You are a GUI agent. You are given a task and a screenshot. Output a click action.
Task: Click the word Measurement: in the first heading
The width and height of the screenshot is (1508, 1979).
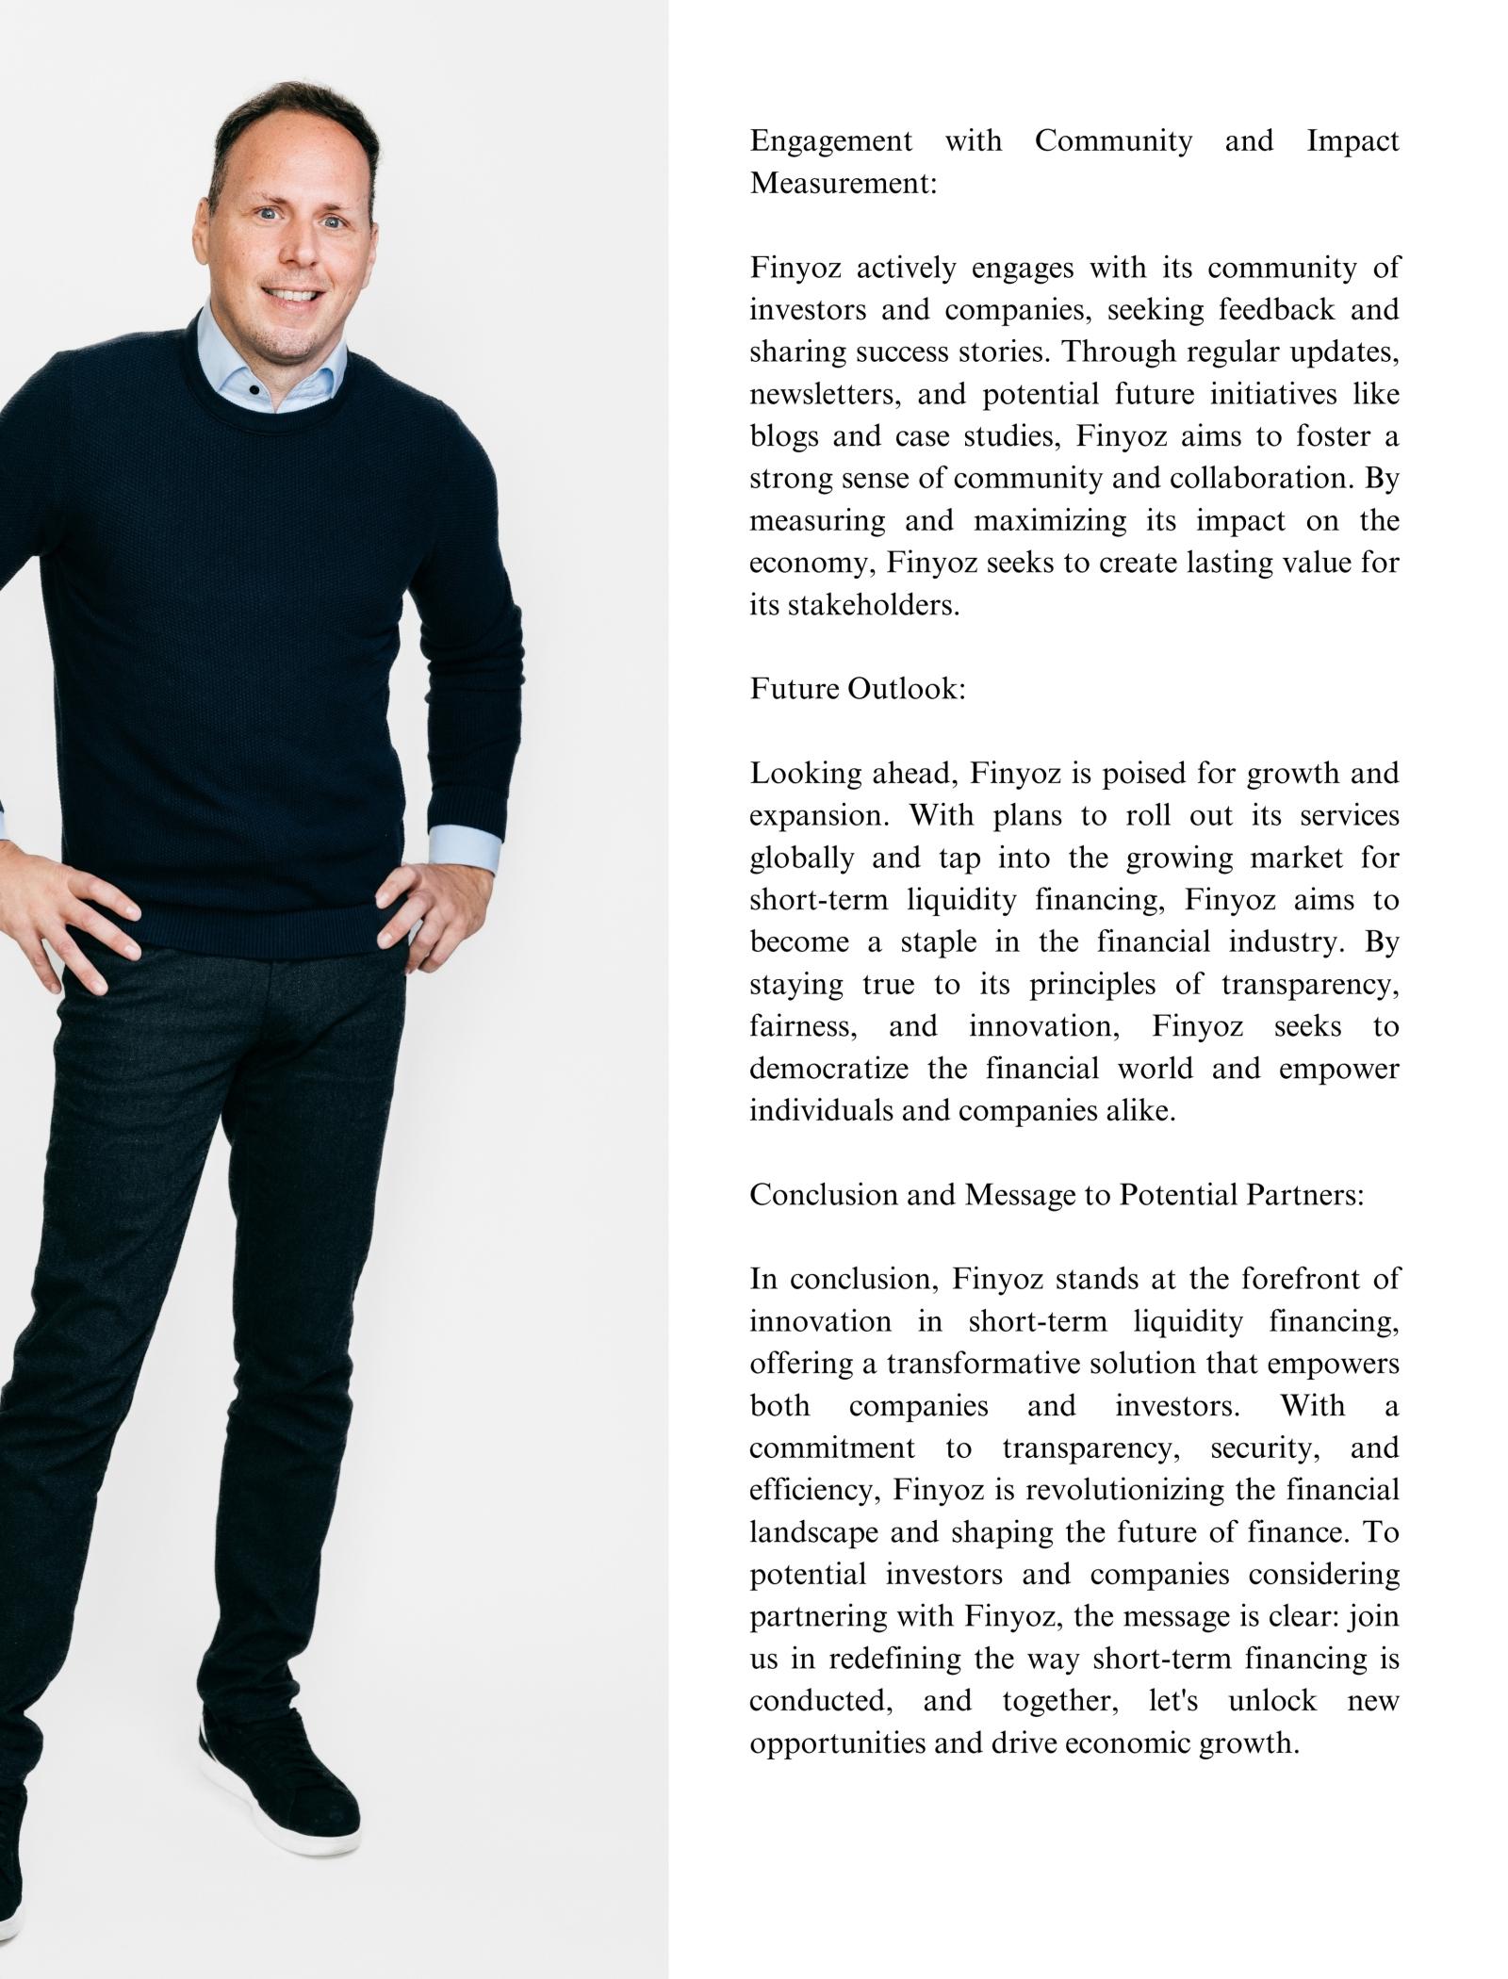point(844,183)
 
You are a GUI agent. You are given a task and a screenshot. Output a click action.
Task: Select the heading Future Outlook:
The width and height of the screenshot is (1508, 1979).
point(858,689)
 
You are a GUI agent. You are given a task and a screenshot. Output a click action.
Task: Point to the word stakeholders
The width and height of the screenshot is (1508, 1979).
point(873,605)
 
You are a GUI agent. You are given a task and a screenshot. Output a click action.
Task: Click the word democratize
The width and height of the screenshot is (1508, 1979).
point(828,1069)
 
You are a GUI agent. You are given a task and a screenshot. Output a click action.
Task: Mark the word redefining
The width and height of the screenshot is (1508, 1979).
point(896,1659)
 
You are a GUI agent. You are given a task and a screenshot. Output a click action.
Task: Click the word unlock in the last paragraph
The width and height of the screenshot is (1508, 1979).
point(1272,1701)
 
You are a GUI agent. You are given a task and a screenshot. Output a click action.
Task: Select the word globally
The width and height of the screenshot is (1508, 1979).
point(802,859)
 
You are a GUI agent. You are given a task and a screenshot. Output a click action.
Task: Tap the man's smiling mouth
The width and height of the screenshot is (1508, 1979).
point(294,295)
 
